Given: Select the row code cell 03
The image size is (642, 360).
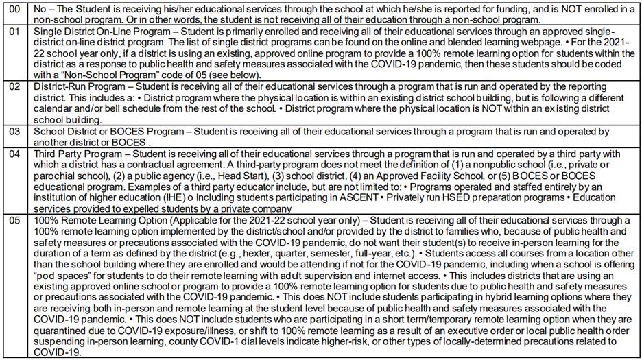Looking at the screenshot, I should point(12,130).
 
